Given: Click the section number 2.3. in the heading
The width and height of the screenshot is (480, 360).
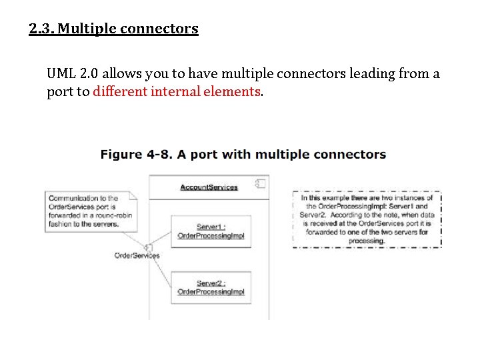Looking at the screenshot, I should point(41,29).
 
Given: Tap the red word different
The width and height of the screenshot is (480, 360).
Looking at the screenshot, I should point(121,92).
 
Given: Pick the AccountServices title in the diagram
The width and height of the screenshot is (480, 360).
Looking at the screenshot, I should point(209,187).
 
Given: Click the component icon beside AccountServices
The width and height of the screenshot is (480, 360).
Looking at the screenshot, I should point(261,184).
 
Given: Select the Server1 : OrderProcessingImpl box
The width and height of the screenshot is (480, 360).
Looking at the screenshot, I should point(211,231).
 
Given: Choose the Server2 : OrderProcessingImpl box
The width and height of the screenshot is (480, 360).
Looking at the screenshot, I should point(211,287).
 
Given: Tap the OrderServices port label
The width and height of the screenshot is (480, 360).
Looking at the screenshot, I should point(137,255).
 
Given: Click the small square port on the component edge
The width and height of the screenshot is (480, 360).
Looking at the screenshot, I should point(149,247).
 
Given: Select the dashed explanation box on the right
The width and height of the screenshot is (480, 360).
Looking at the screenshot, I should point(367,219).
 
